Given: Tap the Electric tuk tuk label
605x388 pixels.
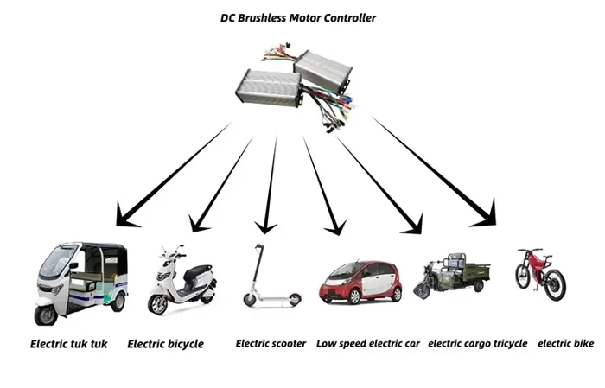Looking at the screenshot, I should click(69, 344).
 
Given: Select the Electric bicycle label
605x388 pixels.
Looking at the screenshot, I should click(166, 344).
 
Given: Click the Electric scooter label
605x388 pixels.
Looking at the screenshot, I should click(271, 343).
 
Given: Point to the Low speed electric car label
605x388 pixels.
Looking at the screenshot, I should click(368, 343).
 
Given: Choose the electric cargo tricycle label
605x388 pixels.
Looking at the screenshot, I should click(478, 343).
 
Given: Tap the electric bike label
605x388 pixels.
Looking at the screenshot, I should click(566, 343).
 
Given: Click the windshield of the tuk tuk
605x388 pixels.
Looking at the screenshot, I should click(54, 264).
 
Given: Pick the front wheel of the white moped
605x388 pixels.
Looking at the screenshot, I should click(158, 305).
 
